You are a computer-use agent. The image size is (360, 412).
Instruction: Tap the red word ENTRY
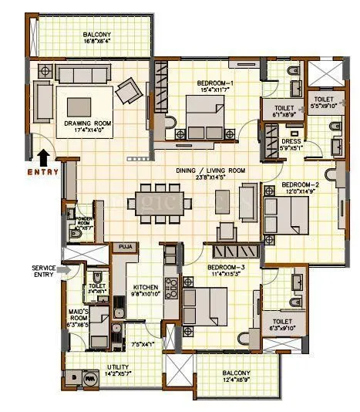click(43, 172)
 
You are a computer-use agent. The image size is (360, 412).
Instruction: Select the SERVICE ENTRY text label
click(45, 272)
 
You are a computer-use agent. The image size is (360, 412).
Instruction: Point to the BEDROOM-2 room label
click(300, 185)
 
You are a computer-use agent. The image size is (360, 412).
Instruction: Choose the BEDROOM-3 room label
click(227, 266)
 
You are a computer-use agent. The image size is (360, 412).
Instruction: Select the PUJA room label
click(123, 248)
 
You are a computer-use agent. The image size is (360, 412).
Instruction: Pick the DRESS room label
click(291, 141)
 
